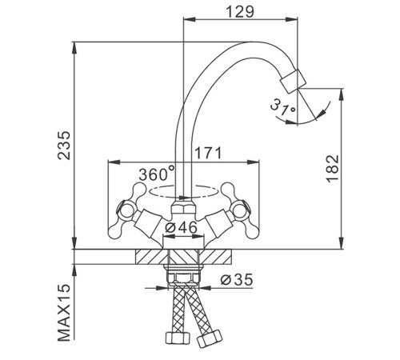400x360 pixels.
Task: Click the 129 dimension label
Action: coord(240,12)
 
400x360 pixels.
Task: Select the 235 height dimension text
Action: coord(64,145)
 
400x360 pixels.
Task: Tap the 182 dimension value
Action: coord(333,168)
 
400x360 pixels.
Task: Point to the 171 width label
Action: coord(208,153)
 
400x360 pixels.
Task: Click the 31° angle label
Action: coord(283,107)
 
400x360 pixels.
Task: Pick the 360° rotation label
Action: coord(157,174)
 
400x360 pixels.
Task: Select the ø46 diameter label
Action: coord(181,227)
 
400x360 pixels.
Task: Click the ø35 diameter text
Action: coord(236,280)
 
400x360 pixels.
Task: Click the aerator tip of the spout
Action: coord(293,82)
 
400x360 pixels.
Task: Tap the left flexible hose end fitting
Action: coord(178,338)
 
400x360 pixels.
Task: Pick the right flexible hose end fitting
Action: coord(210,338)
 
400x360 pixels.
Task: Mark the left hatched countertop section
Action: coord(152,257)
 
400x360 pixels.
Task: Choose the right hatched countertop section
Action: coord(216,257)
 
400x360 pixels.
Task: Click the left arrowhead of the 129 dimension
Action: coord(190,19)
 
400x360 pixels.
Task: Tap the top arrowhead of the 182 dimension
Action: coord(341,95)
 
